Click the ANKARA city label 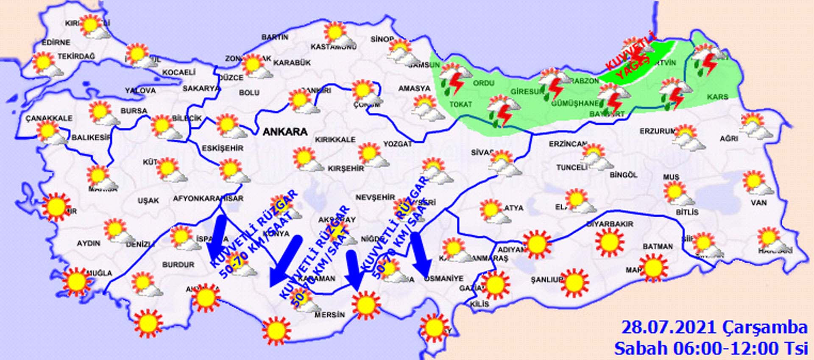[x=285, y=131]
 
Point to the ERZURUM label [x=657, y=131]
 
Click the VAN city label [x=758, y=203]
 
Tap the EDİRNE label [x=56, y=42]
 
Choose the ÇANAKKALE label [x=49, y=118]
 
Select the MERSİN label [x=329, y=315]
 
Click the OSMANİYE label [x=444, y=278]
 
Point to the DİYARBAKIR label [x=610, y=223]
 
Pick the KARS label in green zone [x=717, y=97]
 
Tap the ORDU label [x=484, y=83]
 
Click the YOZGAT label [x=398, y=144]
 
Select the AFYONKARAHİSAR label [x=208, y=198]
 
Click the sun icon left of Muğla [x=76, y=280]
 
